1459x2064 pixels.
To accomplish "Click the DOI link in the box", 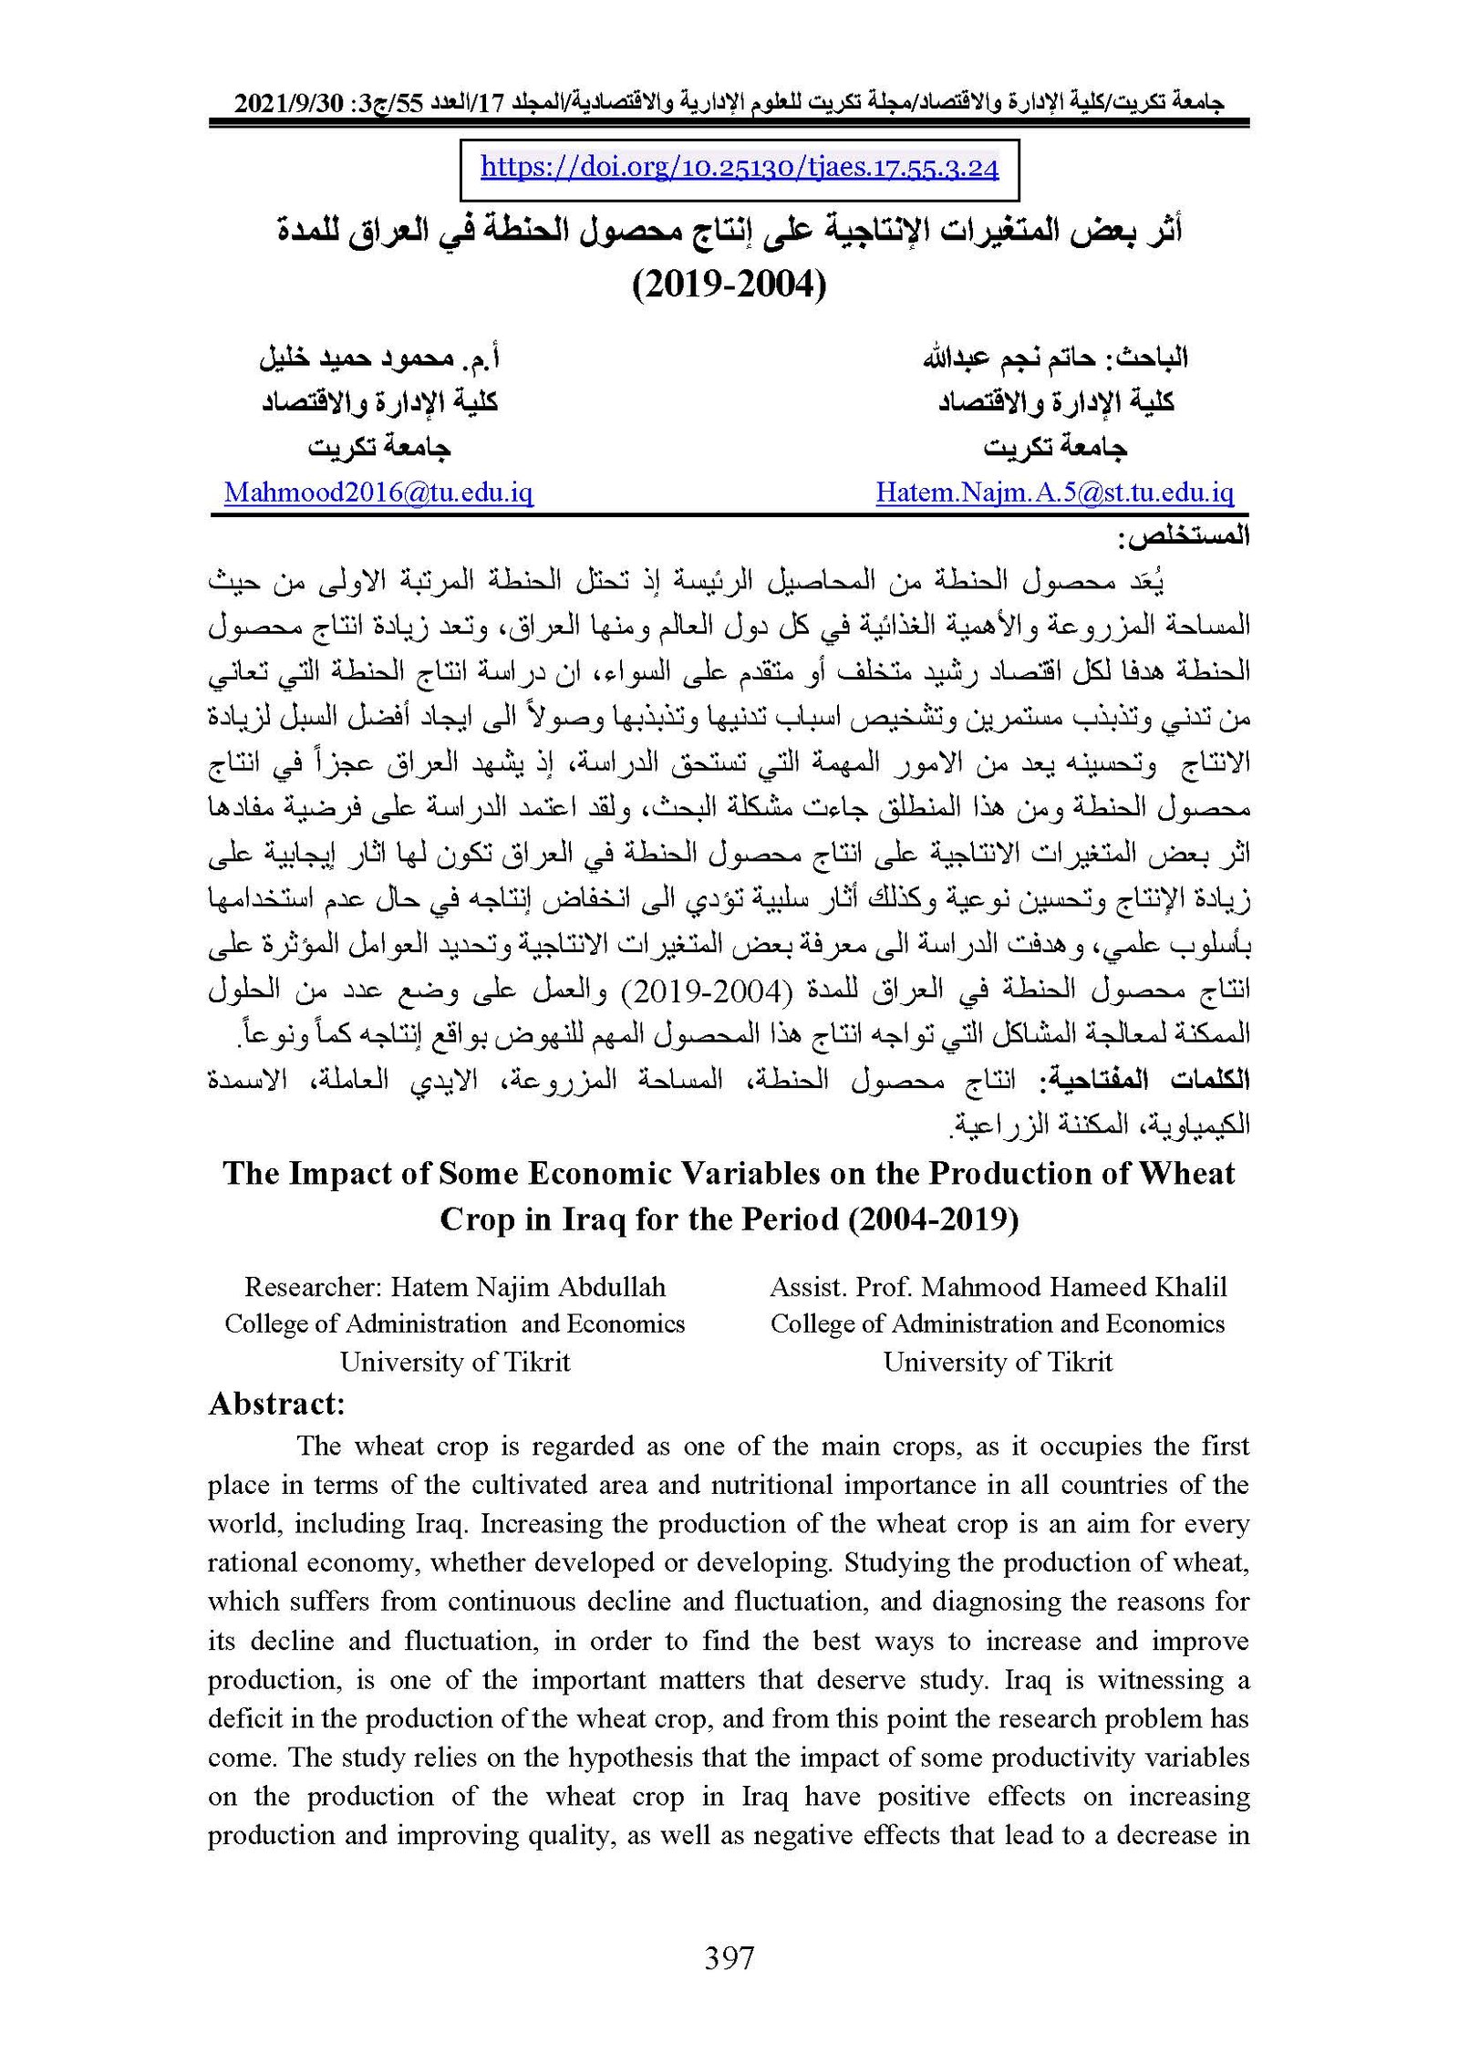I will (739, 168).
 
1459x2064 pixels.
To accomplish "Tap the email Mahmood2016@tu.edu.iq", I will (378, 493).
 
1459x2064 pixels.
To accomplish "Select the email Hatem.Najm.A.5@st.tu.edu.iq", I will (1054, 493).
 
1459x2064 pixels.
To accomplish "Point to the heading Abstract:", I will (276, 1404).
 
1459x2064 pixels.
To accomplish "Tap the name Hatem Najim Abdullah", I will (528, 1287).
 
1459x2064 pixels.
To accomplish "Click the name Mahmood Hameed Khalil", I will (1074, 1287).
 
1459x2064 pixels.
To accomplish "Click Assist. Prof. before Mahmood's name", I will (841, 1287).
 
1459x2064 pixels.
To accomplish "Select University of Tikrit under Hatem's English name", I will (454, 1362).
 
